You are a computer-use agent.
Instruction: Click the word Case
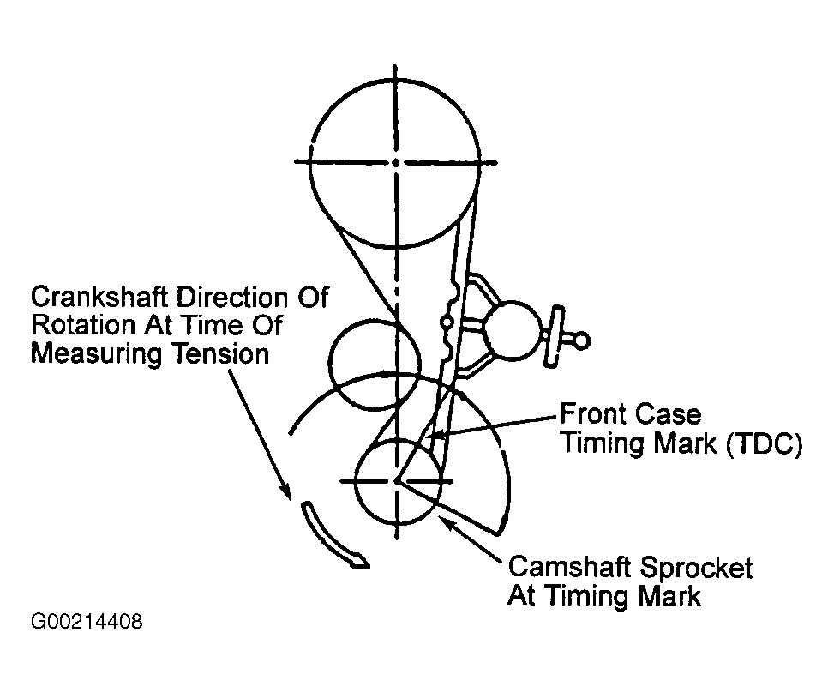point(669,416)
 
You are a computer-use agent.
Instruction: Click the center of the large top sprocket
point(395,161)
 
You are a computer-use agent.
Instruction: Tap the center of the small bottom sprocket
point(398,482)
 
